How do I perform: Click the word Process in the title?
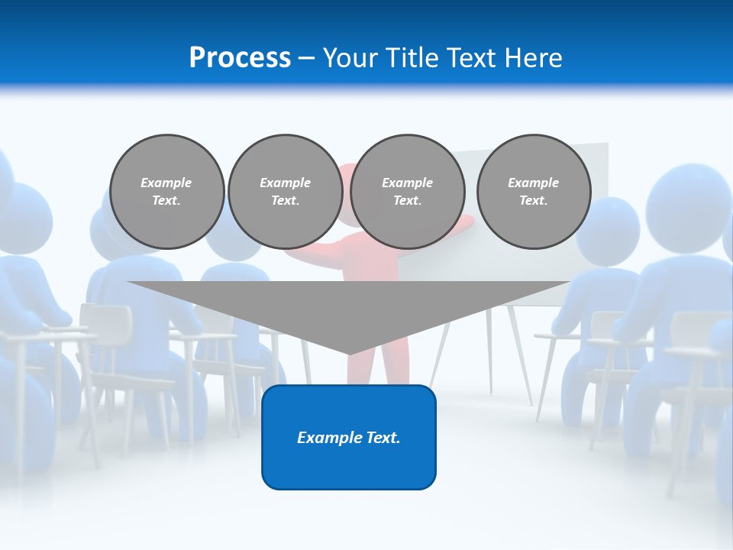click(240, 58)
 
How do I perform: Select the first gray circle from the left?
click(166, 192)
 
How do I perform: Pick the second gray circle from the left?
click(285, 192)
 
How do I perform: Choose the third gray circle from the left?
click(407, 192)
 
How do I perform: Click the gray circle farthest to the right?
click(533, 192)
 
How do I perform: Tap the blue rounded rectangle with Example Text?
click(349, 437)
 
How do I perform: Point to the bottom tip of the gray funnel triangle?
click(350, 354)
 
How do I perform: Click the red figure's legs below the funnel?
click(378, 370)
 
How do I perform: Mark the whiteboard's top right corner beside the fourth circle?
click(606, 145)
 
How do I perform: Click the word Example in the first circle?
click(166, 183)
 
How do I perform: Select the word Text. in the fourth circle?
click(533, 201)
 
